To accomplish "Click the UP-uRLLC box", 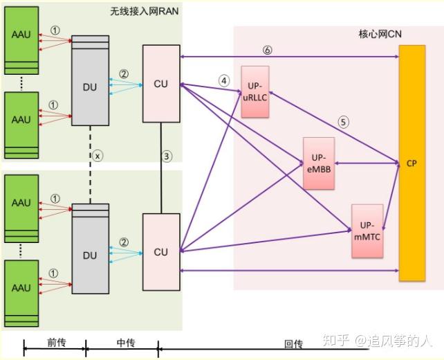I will coord(255,89).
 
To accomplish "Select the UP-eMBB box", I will coord(318,163).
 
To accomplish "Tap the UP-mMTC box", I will coord(367,230).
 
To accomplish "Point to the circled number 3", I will coord(167,156).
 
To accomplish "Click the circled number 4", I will coord(223,80).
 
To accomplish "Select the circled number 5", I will coord(343,122).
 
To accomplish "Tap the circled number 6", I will coord(268,49).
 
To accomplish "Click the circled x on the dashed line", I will coord(98,156).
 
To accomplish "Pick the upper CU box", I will coord(160,84).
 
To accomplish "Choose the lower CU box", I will coord(160,252).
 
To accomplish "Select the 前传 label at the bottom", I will coord(56,343).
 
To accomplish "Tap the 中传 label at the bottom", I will coord(125,343).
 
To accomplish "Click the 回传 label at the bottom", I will coord(293,343).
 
